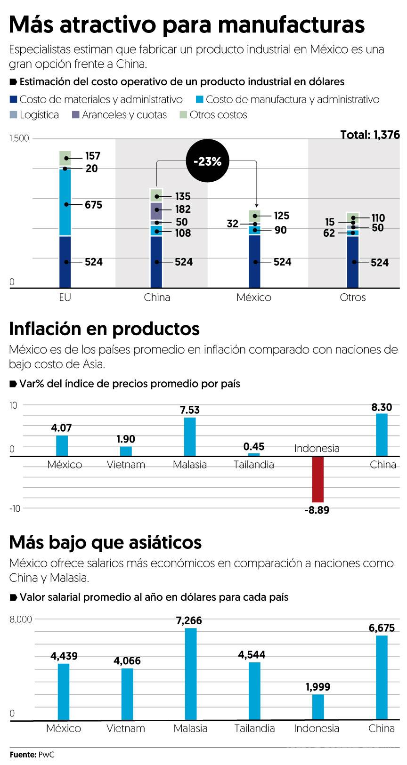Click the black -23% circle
tap(207, 161)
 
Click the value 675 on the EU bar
tap(93, 205)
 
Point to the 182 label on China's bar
tap(183, 209)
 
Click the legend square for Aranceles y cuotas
tap(75, 115)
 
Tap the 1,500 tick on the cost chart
tap(19, 138)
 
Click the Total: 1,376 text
tap(370, 135)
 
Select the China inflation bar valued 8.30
tap(382, 435)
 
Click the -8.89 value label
tap(317, 510)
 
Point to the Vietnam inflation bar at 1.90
tap(126, 451)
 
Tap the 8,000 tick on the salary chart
tap(21, 620)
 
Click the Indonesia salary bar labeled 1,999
tap(318, 707)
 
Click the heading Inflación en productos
tap(104, 329)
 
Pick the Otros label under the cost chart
tap(352, 298)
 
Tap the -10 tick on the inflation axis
tap(15, 508)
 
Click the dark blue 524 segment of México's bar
tap(254, 261)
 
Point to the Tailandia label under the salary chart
tap(254, 728)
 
